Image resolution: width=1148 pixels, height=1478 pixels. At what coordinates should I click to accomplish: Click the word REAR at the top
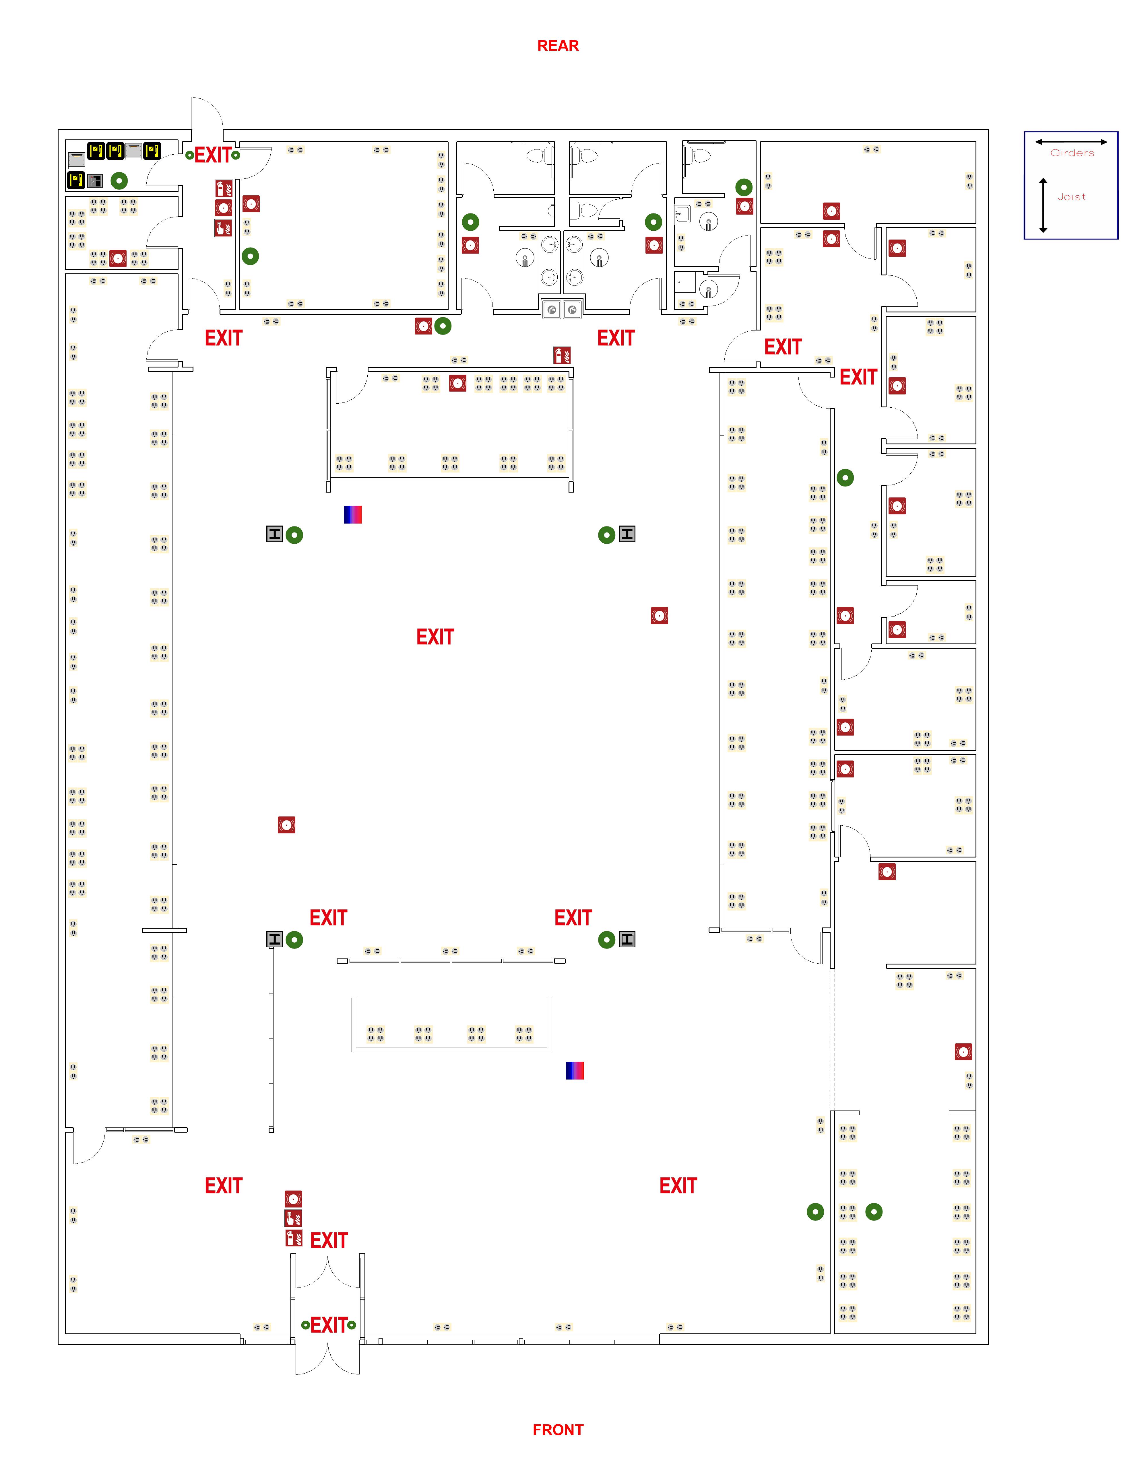click(x=558, y=46)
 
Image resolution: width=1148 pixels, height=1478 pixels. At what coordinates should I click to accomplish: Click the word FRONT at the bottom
click(x=558, y=1429)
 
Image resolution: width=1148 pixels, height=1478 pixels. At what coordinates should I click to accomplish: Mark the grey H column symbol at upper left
click(x=274, y=534)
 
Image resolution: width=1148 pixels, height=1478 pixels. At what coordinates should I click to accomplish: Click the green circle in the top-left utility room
click(x=119, y=181)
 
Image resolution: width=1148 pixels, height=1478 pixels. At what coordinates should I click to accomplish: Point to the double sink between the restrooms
click(x=562, y=309)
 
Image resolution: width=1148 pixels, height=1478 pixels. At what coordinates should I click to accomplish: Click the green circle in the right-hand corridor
click(x=845, y=478)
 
